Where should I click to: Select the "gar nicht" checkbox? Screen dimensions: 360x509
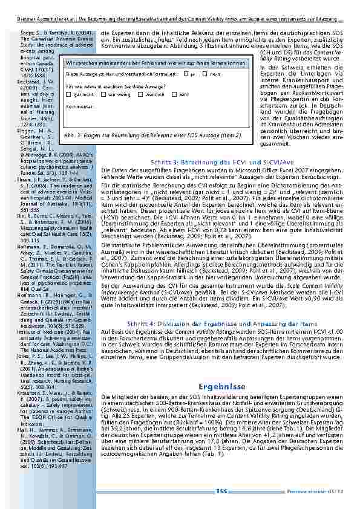(68, 95)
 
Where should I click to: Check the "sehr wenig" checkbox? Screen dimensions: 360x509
(96, 95)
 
